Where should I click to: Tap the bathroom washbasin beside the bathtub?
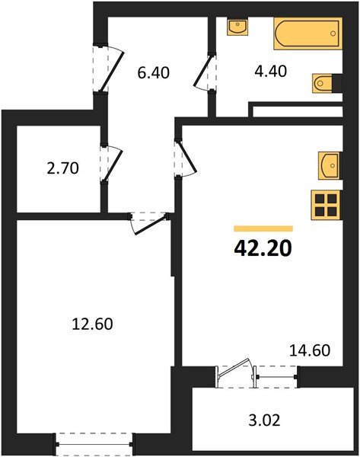point(238,27)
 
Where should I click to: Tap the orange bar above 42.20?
point(263,228)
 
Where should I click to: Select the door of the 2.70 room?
point(110,166)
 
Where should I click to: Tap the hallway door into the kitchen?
point(183,158)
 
